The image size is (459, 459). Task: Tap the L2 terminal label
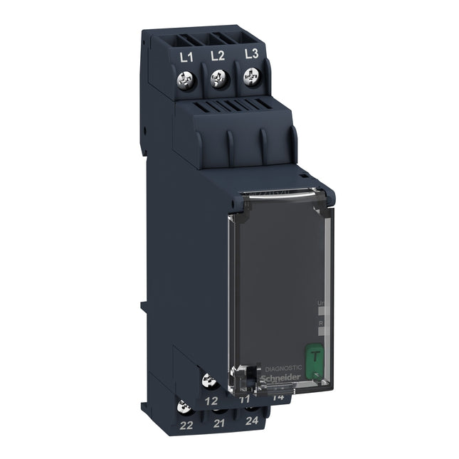tap(218, 56)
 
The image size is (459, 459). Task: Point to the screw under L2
tap(218, 81)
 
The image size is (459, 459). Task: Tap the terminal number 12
tap(211, 401)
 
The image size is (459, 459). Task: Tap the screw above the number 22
tap(184, 408)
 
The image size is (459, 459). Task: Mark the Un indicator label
tap(319, 305)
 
